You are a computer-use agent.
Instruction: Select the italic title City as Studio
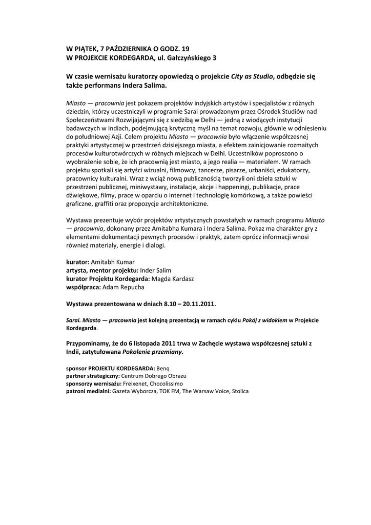pyautogui.click(x=252, y=76)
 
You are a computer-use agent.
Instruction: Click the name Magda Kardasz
pyautogui.click(x=173, y=278)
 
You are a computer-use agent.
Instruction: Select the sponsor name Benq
pyautogui.click(x=163, y=368)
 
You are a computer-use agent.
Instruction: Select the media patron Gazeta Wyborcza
pyautogui.click(x=130, y=391)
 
